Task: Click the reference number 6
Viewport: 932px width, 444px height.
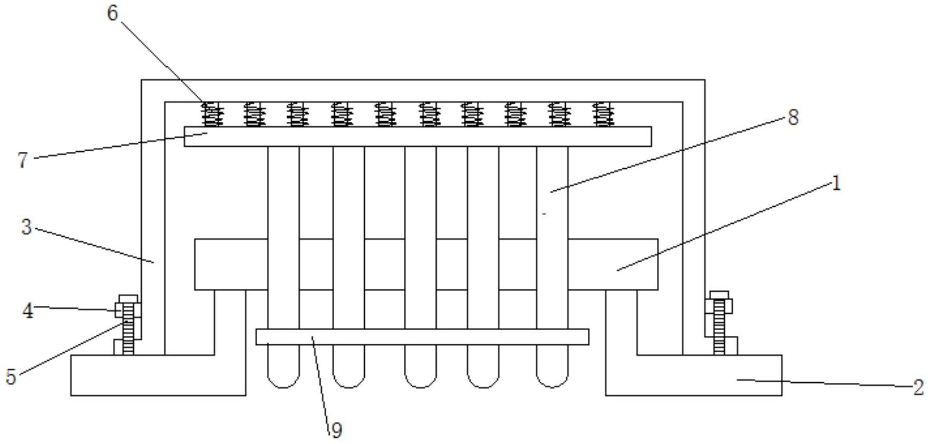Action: [x=112, y=13]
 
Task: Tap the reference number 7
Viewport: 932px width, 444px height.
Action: [x=22, y=159]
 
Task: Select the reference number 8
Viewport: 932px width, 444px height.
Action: [x=793, y=117]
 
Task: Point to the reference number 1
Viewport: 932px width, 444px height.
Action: [x=836, y=184]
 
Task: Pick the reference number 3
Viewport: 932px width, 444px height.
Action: [x=26, y=227]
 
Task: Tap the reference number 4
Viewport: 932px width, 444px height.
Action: [x=27, y=311]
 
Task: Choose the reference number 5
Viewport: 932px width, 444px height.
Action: [x=11, y=377]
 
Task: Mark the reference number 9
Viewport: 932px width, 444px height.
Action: [x=336, y=430]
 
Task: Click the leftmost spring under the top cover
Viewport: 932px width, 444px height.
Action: [x=212, y=114]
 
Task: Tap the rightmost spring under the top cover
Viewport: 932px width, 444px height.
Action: [x=603, y=114]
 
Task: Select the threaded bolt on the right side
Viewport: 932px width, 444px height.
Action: [x=719, y=327]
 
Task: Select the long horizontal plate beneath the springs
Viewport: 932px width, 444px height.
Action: [x=418, y=137]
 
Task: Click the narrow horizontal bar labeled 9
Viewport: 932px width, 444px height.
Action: [x=422, y=337]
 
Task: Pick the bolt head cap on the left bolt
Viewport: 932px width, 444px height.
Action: [x=128, y=299]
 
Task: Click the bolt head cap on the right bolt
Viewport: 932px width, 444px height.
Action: [x=719, y=295]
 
